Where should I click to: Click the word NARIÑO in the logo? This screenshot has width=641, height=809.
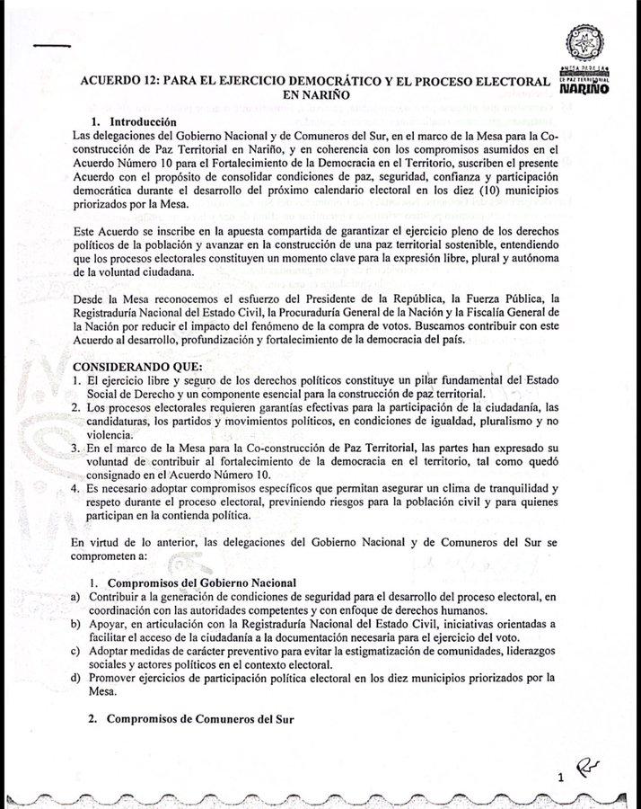click(x=590, y=91)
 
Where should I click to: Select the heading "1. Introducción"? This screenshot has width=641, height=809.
click(x=134, y=121)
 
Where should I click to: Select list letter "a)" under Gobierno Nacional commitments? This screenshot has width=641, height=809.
click(x=78, y=597)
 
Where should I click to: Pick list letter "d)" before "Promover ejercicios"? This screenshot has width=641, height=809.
click(x=78, y=679)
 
